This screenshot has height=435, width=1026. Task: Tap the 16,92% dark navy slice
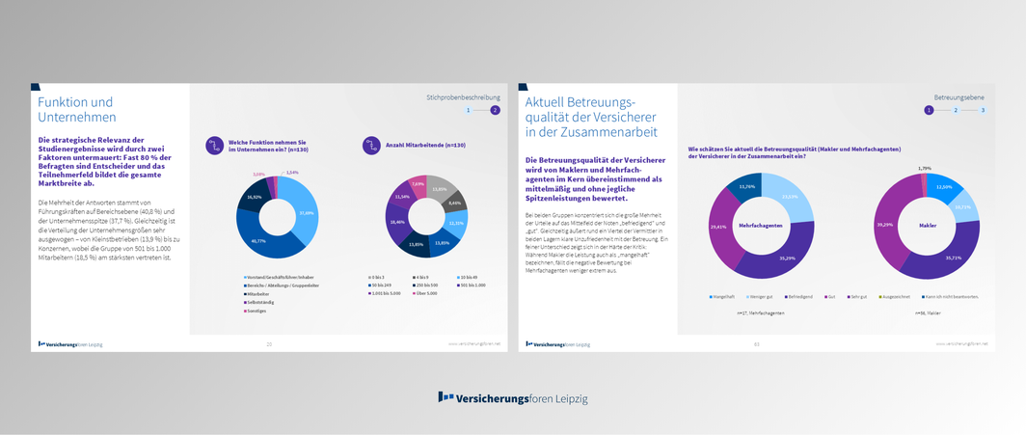coord(255,196)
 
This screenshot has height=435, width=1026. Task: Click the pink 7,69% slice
coord(418,184)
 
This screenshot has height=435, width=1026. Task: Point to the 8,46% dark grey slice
coord(455,203)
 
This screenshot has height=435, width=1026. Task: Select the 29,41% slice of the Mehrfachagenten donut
coord(717,229)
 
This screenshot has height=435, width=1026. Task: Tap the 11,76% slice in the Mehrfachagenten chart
coord(747,186)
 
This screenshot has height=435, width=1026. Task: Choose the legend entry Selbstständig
coord(260,302)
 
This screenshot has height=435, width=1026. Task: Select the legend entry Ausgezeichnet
coord(899,296)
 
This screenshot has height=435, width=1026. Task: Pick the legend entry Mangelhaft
coord(724,296)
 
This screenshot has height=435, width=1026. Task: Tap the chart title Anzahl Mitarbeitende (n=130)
coord(425,145)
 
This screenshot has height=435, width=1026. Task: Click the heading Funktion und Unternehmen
coord(77,109)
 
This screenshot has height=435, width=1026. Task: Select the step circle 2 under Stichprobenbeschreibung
coord(495,110)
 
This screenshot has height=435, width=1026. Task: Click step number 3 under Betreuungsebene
coord(983,110)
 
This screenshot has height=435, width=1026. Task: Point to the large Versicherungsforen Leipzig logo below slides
coord(512,397)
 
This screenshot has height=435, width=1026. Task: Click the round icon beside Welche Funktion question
coord(214,145)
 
